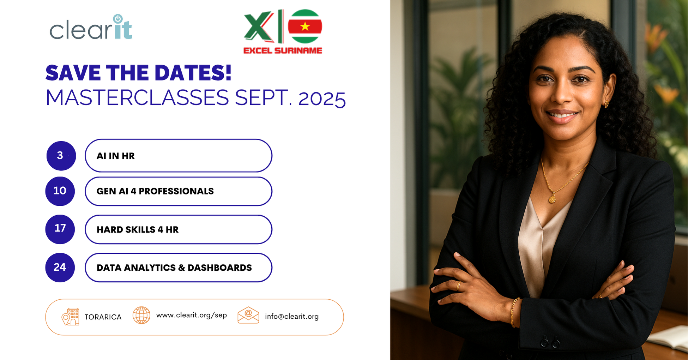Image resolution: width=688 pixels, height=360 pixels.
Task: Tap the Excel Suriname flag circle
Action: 305,26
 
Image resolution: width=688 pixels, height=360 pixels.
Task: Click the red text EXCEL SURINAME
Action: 283,50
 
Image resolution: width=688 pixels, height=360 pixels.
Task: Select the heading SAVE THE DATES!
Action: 138,73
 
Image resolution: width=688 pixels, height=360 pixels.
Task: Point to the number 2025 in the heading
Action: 322,99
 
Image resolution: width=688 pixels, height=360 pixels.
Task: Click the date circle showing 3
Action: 61,156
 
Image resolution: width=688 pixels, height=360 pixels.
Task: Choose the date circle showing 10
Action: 60,191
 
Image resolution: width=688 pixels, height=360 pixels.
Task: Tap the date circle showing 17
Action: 60,229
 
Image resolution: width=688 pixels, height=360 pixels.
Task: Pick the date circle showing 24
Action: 60,267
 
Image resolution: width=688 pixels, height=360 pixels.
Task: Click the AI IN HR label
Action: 116,156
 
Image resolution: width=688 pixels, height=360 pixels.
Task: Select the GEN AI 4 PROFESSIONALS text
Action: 155,191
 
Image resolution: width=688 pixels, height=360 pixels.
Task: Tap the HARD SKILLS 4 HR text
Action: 138,230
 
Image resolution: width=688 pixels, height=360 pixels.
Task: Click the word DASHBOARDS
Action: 219,268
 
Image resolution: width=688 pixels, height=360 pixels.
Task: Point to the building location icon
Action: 71,316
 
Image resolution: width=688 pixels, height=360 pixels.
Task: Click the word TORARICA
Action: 103,317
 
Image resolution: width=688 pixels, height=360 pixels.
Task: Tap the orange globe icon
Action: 141,315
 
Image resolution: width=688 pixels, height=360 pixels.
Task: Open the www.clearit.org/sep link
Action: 192,315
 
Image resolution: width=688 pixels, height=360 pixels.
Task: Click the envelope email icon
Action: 248,315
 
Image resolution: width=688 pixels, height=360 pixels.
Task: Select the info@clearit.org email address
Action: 292,317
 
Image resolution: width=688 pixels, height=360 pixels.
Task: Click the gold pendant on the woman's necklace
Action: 552,199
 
